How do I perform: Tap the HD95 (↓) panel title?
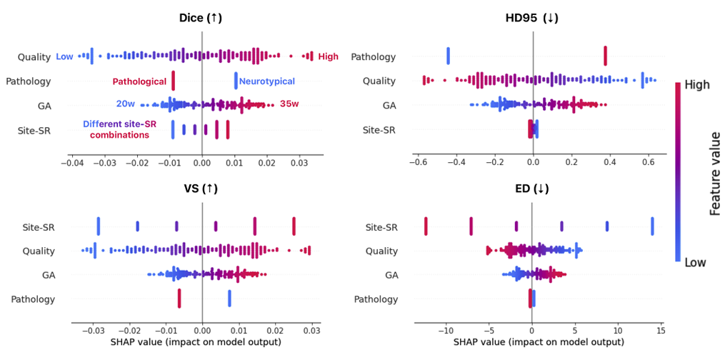pyautogui.click(x=532, y=18)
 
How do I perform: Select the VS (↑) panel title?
pyautogui.click(x=202, y=189)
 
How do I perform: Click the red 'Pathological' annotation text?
pyautogui.click(x=139, y=81)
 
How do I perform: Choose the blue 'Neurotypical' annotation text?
pyautogui.click(x=266, y=81)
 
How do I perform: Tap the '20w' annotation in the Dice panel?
pyautogui.click(x=126, y=104)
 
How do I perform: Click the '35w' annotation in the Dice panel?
pyautogui.click(x=289, y=104)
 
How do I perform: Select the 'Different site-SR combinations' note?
pyautogui.click(x=115, y=129)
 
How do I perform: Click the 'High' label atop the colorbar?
pyautogui.click(x=696, y=84)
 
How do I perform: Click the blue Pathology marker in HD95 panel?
pyautogui.click(x=448, y=56)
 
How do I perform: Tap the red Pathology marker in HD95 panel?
pyautogui.click(x=605, y=56)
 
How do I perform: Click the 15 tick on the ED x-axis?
pyautogui.click(x=661, y=331)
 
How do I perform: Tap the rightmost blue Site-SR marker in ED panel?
pyautogui.click(x=652, y=226)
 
